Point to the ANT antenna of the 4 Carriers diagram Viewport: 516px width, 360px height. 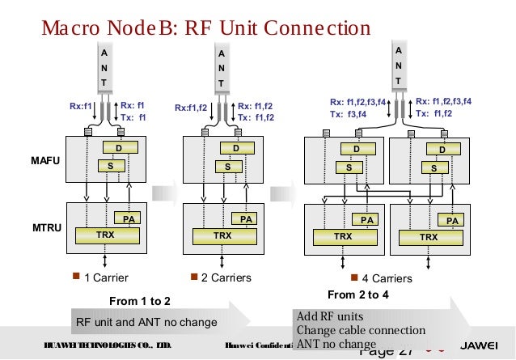pos(398,65)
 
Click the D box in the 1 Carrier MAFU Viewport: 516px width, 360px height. pos(118,148)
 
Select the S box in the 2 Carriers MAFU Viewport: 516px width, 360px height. pos(229,166)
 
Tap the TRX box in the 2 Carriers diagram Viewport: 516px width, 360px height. pos(221,236)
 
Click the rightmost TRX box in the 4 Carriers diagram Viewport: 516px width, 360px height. pos(429,237)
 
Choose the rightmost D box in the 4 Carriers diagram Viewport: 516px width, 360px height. pos(442,150)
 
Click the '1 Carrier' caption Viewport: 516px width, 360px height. pos(106,278)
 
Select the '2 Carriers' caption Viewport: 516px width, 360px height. pos(225,278)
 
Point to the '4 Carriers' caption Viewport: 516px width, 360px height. pos(387,278)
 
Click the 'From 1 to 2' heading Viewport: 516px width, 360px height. pos(139,301)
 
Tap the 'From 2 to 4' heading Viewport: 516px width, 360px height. pos(358,294)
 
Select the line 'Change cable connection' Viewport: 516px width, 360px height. pos(361,330)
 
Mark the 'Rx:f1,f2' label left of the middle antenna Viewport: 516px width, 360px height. pos(192,107)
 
